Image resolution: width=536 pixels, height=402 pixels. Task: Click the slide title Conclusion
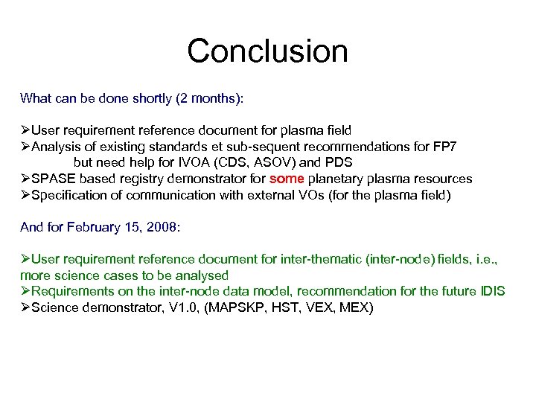(x=267, y=51)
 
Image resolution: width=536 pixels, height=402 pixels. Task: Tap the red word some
(x=287, y=179)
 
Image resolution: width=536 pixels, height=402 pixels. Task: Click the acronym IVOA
(x=194, y=162)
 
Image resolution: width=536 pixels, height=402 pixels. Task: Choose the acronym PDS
(x=337, y=162)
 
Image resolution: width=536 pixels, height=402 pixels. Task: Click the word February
(x=95, y=227)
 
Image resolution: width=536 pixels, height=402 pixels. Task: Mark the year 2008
(x=162, y=227)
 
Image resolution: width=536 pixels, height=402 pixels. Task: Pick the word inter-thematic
(x=322, y=260)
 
